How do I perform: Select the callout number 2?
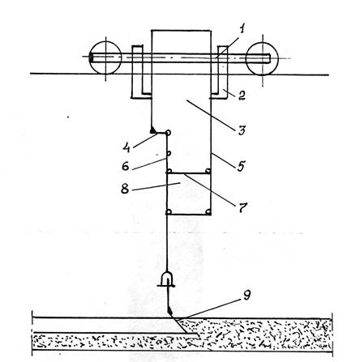242,95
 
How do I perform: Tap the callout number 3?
242,130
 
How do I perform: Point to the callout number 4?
126,147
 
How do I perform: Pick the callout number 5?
241,166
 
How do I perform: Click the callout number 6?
126,165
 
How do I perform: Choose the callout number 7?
242,207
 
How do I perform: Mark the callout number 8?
125,189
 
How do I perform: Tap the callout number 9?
246,296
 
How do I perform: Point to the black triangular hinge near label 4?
153,130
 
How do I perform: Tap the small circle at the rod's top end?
168,133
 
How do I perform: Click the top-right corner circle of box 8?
208,171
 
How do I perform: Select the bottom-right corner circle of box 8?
208,212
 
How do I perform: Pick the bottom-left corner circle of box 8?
168,212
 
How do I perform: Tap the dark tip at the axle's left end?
91,58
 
